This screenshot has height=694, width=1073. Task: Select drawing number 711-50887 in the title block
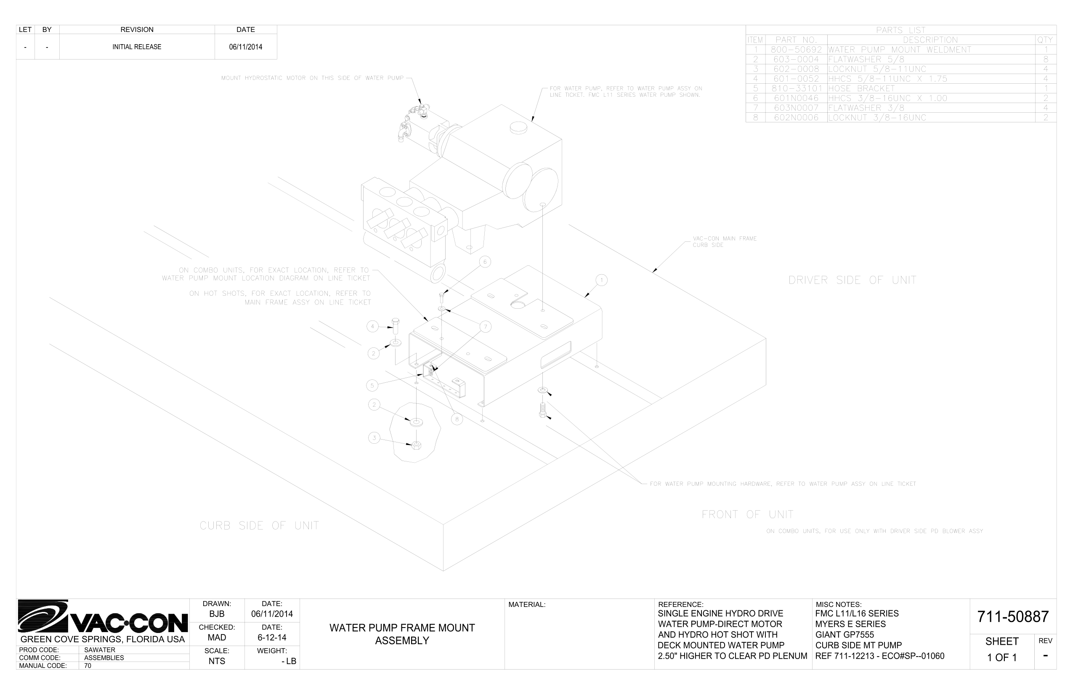point(1012,617)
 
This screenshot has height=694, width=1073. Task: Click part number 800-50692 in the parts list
point(796,50)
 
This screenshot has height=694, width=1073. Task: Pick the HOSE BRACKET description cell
point(861,88)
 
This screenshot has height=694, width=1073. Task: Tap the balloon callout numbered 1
point(601,280)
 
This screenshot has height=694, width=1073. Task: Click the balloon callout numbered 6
point(485,262)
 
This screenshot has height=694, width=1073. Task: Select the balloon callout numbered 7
point(486,327)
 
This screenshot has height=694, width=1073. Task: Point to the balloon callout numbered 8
point(457,419)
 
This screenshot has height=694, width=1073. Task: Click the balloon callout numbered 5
point(372,385)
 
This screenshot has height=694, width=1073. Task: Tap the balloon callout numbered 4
point(372,326)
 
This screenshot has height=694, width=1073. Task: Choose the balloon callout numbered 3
point(374,437)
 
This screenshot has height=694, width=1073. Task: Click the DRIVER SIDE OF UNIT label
point(852,280)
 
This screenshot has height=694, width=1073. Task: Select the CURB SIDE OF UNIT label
point(259,525)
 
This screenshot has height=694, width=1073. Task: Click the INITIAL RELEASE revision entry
point(137,47)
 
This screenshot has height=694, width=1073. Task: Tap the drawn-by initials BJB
point(217,614)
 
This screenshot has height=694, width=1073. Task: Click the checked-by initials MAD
point(217,638)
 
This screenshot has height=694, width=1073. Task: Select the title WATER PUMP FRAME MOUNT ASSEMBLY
point(402,634)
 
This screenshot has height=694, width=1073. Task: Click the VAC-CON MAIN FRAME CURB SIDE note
point(725,241)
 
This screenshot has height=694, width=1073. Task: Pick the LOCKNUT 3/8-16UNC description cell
point(877,118)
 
